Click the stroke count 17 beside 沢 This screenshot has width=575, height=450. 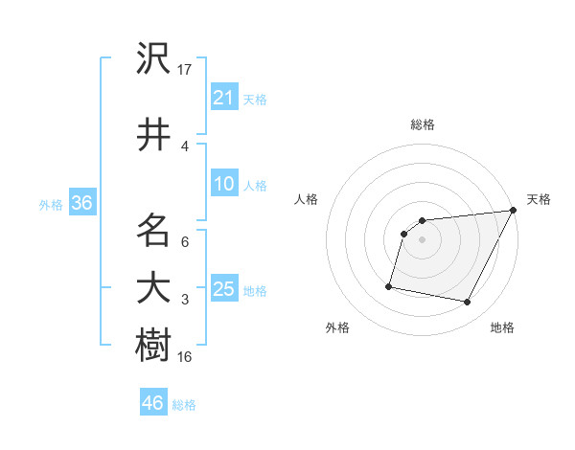185,70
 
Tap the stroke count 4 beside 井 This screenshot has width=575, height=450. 185,146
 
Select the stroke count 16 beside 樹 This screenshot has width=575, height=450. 185,356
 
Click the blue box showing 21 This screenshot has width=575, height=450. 224,98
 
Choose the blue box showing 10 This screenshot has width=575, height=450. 224,184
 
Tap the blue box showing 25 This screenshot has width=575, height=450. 224,289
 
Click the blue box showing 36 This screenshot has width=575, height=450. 81,203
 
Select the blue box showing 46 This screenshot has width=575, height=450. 153,403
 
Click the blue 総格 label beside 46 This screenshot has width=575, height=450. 184,405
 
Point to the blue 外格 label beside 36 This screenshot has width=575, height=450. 51,204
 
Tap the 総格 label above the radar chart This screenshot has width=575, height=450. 423,124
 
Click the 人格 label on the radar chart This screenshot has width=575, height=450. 307,199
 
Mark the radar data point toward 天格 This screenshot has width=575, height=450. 514,211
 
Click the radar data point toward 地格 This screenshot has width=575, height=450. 468,303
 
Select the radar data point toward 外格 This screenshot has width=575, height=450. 389,285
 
